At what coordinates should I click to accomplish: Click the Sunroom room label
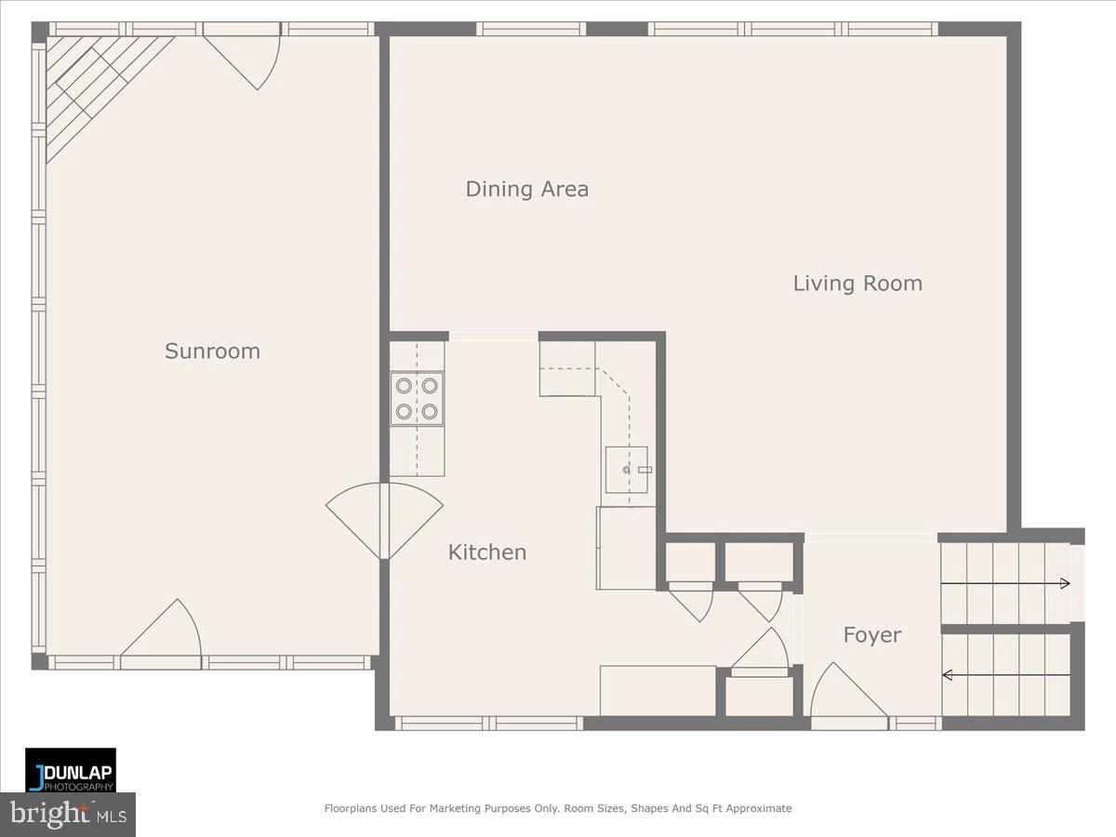(213, 352)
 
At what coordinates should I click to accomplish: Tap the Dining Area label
(527, 189)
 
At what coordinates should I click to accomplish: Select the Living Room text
(857, 284)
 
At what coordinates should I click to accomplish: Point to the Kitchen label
(487, 552)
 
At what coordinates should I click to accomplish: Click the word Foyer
(872, 635)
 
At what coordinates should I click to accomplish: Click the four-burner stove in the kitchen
(417, 399)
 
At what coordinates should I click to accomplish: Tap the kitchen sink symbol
(627, 470)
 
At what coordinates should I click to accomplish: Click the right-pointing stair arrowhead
(1065, 583)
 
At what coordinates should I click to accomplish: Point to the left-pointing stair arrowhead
(947, 675)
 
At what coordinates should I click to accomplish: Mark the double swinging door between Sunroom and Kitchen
(384, 520)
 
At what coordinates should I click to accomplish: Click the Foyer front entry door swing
(848, 690)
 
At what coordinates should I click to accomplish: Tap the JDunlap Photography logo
(71, 770)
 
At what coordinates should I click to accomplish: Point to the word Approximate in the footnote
(759, 808)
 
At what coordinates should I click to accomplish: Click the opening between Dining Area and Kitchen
(493, 336)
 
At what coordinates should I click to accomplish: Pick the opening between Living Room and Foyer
(870, 538)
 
